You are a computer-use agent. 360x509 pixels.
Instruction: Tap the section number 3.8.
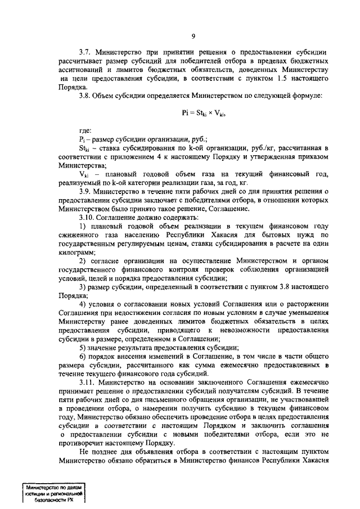(x=86, y=96)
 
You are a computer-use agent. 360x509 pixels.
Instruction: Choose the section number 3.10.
(x=88, y=218)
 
